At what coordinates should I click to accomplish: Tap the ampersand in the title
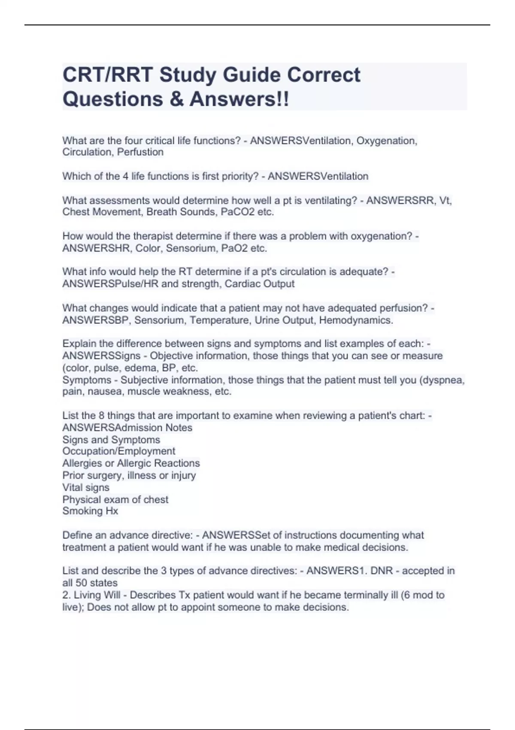click(x=176, y=99)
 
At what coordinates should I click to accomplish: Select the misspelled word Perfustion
click(x=140, y=152)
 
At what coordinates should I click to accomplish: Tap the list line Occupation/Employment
click(x=119, y=451)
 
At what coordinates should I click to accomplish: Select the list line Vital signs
click(x=86, y=487)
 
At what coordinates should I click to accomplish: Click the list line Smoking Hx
click(x=90, y=511)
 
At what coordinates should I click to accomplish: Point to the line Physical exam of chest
click(x=115, y=499)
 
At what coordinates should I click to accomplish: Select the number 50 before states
click(x=82, y=583)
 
